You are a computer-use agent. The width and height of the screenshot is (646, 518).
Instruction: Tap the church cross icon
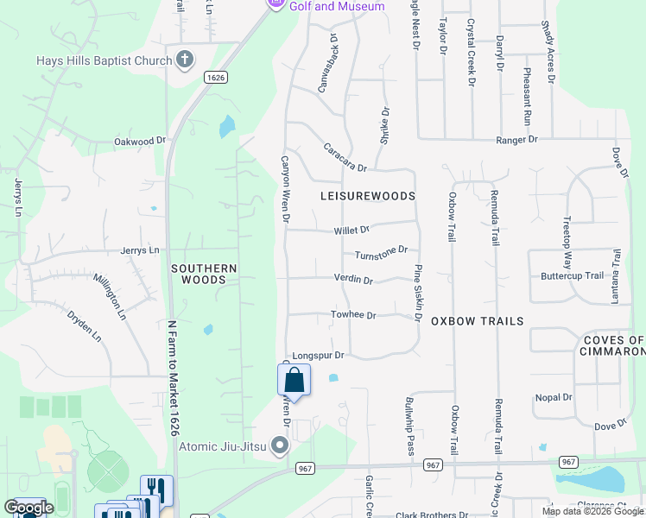pyautogui.click(x=183, y=60)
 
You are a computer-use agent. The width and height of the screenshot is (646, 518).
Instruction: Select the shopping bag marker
pyautogui.click(x=294, y=380)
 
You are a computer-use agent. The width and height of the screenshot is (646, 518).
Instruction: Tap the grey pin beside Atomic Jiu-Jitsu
pyautogui.click(x=279, y=446)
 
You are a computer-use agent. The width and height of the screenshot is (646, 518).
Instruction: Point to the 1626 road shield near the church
pyautogui.click(x=216, y=78)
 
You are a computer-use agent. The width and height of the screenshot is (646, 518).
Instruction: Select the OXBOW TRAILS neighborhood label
pyautogui.click(x=477, y=321)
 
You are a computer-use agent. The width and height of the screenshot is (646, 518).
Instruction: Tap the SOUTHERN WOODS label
pyautogui.click(x=204, y=274)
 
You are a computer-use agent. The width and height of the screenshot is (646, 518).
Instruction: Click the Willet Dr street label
pyautogui.click(x=351, y=231)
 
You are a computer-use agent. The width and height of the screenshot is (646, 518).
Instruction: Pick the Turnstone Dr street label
pyautogui.click(x=381, y=253)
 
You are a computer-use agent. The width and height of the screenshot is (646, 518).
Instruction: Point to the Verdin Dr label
pyautogui.click(x=353, y=280)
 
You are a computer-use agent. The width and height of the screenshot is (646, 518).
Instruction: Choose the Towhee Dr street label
pyautogui.click(x=353, y=316)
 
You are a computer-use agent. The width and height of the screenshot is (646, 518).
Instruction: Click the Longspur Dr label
pyautogui.click(x=319, y=355)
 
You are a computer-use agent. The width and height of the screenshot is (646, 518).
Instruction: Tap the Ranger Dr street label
pyautogui.click(x=516, y=139)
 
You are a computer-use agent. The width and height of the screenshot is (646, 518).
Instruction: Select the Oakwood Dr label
pyautogui.click(x=140, y=141)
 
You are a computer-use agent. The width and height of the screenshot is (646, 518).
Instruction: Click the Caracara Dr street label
pyautogui.click(x=345, y=156)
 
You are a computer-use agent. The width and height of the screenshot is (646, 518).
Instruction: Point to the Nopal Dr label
pyautogui.click(x=554, y=398)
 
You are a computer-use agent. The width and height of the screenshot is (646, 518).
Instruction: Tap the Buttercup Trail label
pyautogui.click(x=572, y=276)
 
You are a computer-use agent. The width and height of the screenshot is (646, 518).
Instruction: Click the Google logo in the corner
pyautogui.click(x=29, y=509)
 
